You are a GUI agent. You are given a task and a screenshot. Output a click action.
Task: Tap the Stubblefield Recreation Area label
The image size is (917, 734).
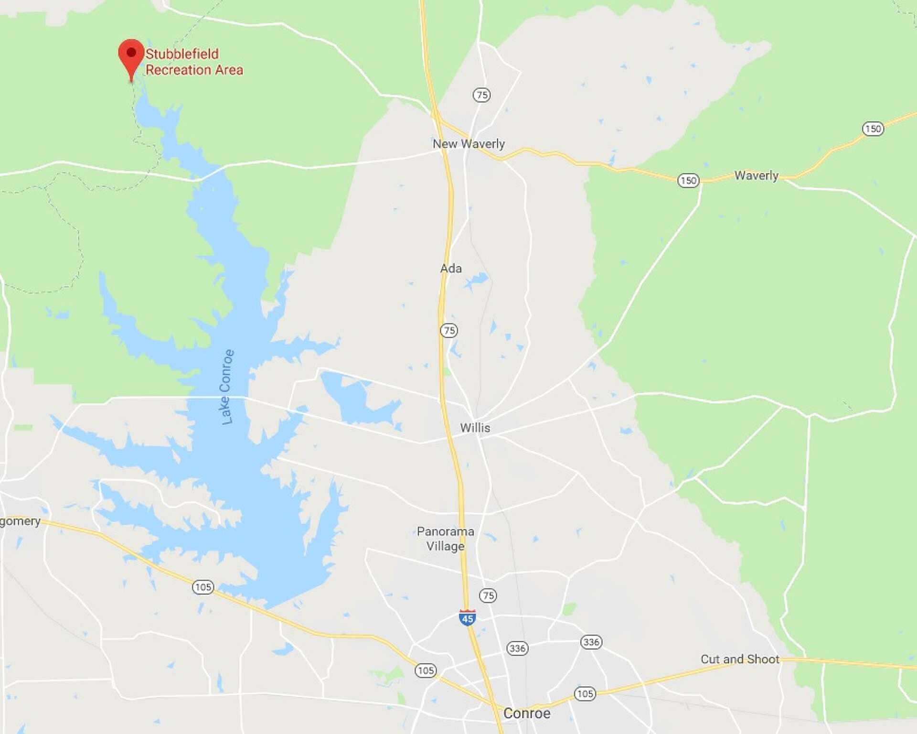click(194, 62)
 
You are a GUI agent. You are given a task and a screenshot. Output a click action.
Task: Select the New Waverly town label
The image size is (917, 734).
click(468, 144)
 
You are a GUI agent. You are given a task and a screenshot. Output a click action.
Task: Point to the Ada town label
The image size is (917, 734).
click(451, 269)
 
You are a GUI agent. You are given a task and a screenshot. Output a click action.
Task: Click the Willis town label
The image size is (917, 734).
click(475, 428)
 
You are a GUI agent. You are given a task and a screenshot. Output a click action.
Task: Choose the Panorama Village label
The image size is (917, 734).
click(445, 539)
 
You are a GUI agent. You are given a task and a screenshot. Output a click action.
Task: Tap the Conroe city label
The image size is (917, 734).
click(527, 713)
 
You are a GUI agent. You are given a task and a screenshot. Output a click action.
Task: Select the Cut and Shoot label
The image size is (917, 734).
click(740, 659)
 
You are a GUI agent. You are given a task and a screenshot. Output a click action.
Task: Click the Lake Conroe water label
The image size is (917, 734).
click(227, 387)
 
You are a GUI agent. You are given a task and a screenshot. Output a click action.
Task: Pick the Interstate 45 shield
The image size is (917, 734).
click(467, 617)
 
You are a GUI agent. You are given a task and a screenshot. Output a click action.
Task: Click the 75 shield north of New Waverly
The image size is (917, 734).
click(481, 95)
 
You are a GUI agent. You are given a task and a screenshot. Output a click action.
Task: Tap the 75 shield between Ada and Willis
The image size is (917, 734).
click(449, 330)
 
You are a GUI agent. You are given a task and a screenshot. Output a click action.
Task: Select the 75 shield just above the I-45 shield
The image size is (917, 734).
click(488, 595)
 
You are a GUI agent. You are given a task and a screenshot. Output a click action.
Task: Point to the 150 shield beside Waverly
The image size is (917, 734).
click(688, 181)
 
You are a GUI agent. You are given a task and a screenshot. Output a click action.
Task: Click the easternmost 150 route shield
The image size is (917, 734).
click(873, 129)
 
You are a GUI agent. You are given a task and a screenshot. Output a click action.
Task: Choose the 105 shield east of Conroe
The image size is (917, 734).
click(585, 693)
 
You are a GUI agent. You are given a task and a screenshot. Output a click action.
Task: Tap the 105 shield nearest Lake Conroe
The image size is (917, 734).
click(203, 587)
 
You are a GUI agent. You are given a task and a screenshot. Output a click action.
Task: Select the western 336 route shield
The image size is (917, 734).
click(517, 648)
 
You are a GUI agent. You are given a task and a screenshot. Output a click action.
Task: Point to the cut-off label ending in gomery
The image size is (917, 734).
click(20, 521)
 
